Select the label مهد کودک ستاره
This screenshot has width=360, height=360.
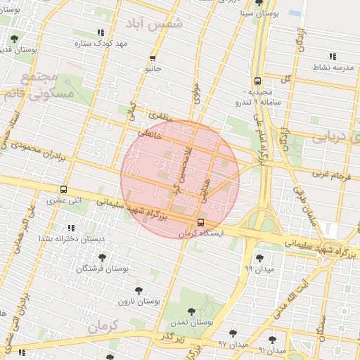(101, 44)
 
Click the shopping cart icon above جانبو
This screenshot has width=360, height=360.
(153, 58)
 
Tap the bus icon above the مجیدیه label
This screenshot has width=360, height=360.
(257, 81)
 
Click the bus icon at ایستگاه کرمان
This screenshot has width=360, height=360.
(202, 223)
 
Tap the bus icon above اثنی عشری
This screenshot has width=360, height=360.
(64, 190)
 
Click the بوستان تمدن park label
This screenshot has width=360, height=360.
(191, 321)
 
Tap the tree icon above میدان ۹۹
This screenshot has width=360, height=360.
(259, 259)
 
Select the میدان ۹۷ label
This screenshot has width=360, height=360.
(233, 343)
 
